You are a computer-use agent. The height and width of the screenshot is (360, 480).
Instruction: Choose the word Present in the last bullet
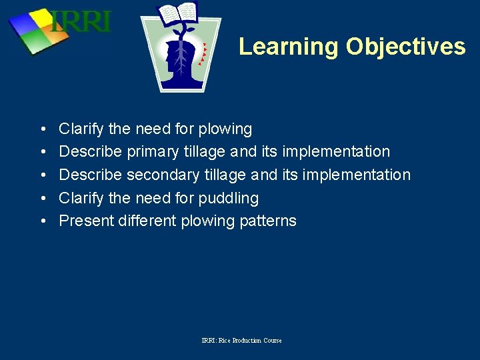click(x=85, y=221)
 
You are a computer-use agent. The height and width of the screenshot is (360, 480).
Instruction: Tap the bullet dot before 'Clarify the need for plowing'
click(x=42, y=129)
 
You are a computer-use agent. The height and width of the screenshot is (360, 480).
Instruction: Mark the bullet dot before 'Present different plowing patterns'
click(x=42, y=221)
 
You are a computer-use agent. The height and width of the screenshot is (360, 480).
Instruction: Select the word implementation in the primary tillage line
click(x=336, y=152)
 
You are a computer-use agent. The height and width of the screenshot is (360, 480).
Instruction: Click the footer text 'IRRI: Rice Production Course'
click(x=241, y=341)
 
